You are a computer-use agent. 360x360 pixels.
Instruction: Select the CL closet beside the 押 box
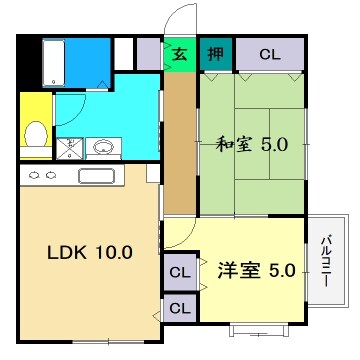(x=268, y=53)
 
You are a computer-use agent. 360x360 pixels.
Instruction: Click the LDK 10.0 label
(x=90, y=252)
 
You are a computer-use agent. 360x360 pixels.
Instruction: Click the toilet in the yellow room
(x=35, y=132)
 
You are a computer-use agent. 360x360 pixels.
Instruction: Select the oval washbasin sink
(x=102, y=149)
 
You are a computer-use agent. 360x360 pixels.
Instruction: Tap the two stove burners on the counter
(x=41, y=176)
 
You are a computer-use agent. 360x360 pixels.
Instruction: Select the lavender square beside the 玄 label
(x=148, y=52)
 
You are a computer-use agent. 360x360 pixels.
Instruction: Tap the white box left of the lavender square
(x=123, y=52)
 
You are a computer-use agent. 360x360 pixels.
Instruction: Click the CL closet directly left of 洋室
(x=179, y=271)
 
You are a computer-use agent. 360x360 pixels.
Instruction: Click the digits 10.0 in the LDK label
(x=113, y=252)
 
